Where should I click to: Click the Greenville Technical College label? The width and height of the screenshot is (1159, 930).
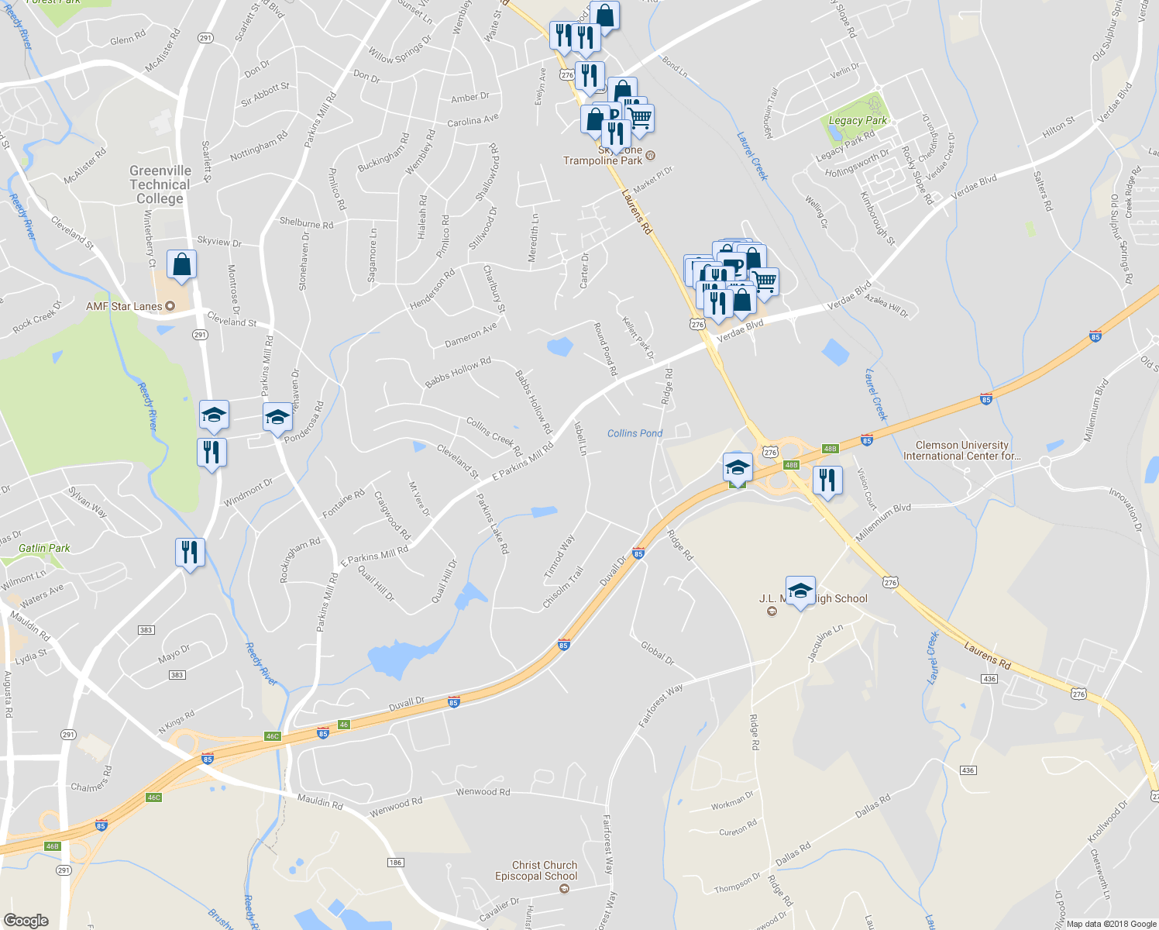point(160,184)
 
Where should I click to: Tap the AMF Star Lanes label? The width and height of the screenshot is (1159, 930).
point(124,306)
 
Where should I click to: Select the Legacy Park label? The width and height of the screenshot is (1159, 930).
point(858,120)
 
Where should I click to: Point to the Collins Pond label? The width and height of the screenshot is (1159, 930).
point(635,433)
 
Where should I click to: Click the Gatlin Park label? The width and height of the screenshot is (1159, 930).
point(44,548)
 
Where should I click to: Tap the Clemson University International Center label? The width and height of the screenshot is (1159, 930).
point(961,450)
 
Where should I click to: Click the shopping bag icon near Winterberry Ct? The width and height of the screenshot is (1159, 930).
point(181,264)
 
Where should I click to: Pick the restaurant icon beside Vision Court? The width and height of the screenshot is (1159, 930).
point(827,480)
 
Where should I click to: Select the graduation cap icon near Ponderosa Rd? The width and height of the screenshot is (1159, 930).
point(277,418)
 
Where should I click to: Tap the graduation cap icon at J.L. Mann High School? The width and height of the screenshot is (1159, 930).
point(800,591)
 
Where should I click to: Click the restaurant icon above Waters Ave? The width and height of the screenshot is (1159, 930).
point(190,553)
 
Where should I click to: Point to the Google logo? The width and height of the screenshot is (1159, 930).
point(26,921)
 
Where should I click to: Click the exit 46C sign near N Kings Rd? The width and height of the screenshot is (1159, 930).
point(272,736)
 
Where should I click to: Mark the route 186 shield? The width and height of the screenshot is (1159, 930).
point(395,862)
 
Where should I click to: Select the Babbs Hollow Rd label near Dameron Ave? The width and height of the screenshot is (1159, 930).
point(458,372)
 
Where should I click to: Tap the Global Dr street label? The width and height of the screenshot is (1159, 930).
point(657,653)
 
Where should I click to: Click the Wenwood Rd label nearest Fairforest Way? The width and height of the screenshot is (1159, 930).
point(483,791)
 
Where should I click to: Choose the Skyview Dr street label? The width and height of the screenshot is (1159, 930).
point(219,242)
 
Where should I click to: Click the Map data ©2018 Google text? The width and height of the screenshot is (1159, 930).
point(1111,924)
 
